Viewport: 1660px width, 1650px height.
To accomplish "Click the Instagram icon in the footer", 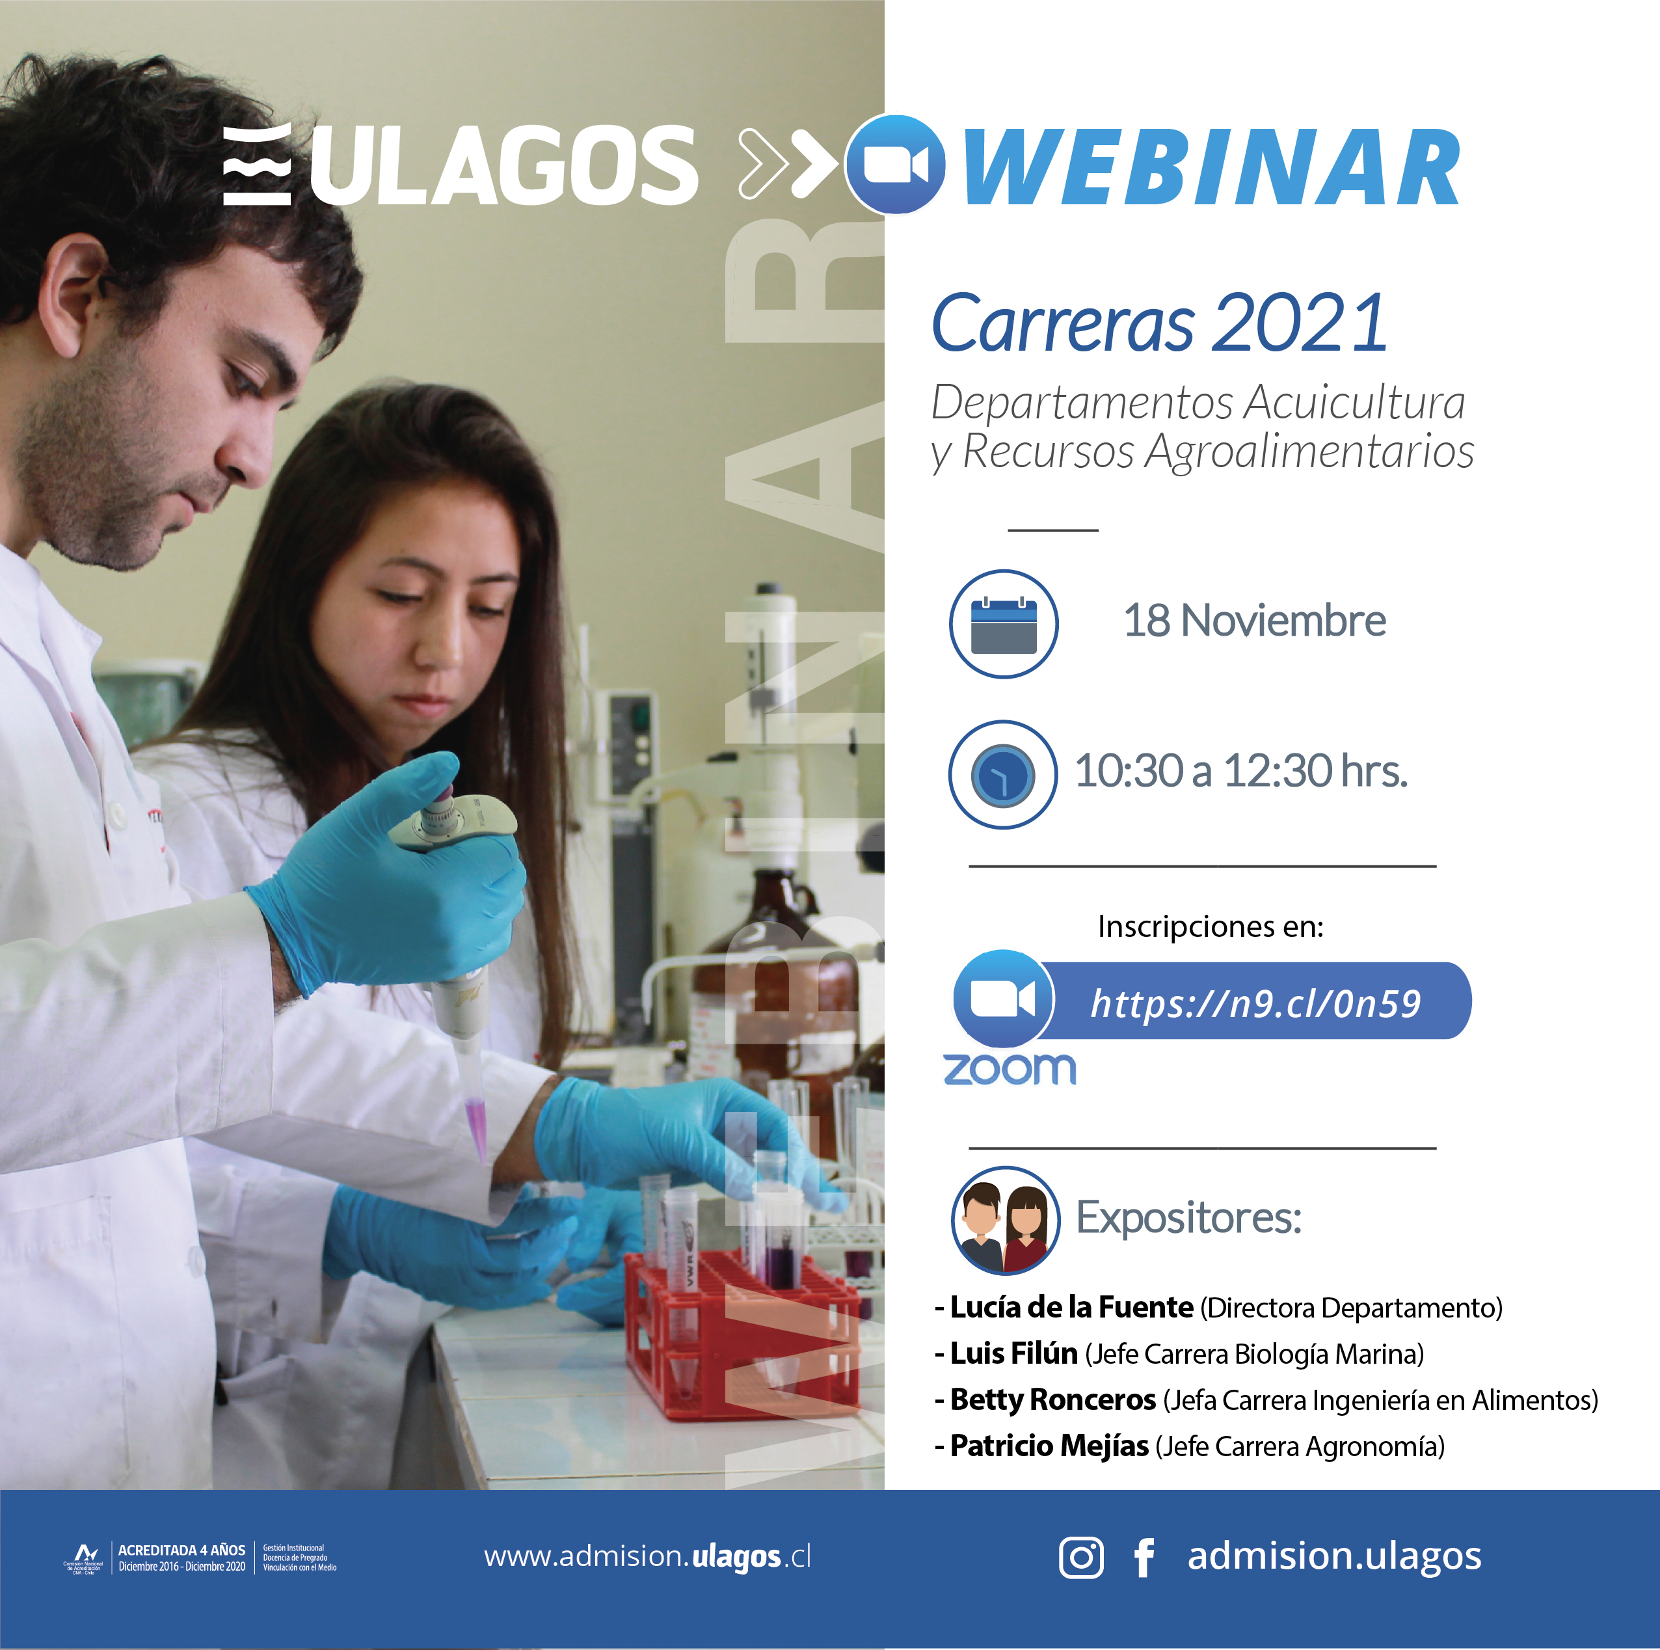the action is (x=1081, y=1557).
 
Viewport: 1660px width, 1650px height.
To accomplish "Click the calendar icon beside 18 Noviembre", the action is (x=1004, y=624).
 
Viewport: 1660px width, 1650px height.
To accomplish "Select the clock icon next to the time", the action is (x=1003, y=774).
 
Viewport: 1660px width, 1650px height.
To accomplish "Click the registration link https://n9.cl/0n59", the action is (x=1255, y=1003).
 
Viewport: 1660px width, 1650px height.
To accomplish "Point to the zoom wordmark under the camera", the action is (x=1010, y=1069).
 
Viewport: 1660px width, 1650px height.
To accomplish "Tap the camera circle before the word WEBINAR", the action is (x=895, y=164).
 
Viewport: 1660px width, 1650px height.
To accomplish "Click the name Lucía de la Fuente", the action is (x=1071, y=1307).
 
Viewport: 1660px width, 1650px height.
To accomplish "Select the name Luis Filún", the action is (x=1014, y=1353).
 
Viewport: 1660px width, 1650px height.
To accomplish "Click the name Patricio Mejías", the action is (x=1049, y=1446).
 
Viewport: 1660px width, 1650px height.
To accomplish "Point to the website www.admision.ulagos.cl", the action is (x=647, y=1556).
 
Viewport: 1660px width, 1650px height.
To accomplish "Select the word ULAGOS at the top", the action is (x=503, y=165).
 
